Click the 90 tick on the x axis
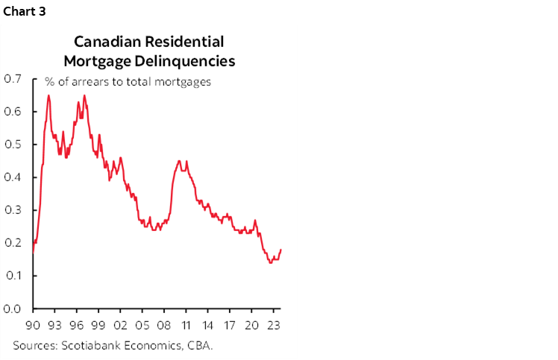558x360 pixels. click(x=34, y=324)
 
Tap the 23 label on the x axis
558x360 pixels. click(x=273, y=324)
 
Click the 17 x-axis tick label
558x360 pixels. click(x=230, y=324)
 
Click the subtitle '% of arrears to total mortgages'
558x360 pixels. click(x=128, y=82)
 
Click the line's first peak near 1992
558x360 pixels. click(x=48, y=95)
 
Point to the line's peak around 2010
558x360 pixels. click(x=179, y=160)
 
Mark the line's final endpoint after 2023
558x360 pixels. click(x=280, y=250)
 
